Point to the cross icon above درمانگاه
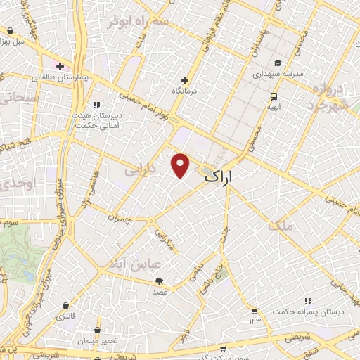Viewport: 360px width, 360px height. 184,80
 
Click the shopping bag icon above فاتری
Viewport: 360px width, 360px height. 65,306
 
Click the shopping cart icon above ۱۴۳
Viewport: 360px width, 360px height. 254,311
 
